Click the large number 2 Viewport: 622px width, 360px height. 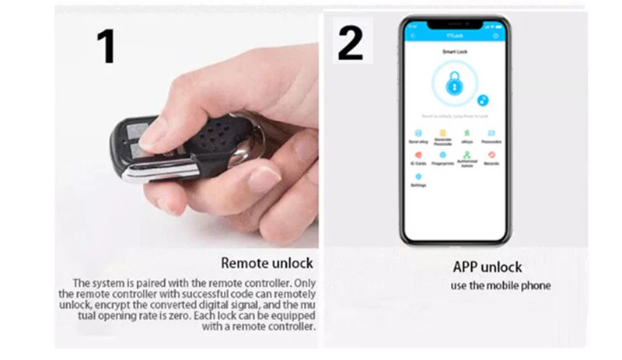click(350, 43)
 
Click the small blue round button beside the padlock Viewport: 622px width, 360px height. click(483, 100)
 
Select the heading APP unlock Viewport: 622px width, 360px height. click(487, 267)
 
